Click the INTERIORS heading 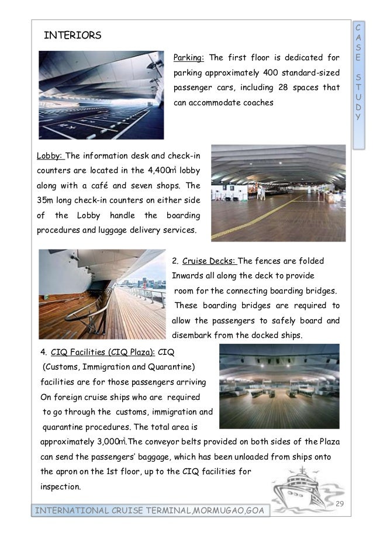click(x=72, y=36)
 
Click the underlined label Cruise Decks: click(x=209, y=260)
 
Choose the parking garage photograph click(x=101, y=95)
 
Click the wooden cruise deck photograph click(x=102, y=295)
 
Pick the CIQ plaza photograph click(x=279, y=386)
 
